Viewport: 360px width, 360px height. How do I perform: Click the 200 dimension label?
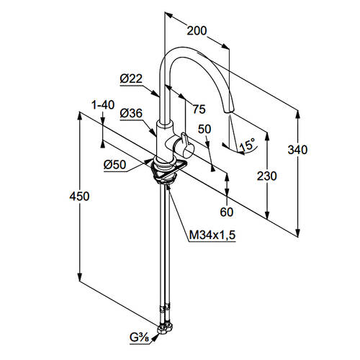pos(197,31)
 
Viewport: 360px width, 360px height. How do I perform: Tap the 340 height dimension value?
pos(297,150)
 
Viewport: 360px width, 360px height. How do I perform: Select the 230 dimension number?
pos(267,176)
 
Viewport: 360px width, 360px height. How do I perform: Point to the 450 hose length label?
pos(79,197)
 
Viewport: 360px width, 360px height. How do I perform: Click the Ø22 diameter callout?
pos(131,78)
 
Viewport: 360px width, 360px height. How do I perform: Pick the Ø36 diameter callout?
pos(131,113)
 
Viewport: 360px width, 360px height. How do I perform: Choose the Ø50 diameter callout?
pos(115,165)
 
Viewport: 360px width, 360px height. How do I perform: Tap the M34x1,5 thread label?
pos(212,235)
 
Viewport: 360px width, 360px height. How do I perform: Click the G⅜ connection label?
pos(139,338)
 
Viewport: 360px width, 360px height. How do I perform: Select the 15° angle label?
pos(247,145)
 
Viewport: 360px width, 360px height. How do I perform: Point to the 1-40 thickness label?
pos(103,105)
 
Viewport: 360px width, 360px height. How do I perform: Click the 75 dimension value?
pos(199,109)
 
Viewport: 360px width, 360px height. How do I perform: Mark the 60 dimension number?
pos(227,212)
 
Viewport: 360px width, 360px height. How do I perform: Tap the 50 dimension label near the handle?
pos(204,129)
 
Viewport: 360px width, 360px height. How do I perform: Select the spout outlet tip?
pos(228,111)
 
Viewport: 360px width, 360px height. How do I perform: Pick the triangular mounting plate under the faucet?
pos(166,170)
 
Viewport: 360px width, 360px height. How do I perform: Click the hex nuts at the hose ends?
pos(166,328)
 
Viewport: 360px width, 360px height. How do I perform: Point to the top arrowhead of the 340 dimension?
pos(298,114)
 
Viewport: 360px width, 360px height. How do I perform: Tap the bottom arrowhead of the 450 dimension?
pos(79,276)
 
